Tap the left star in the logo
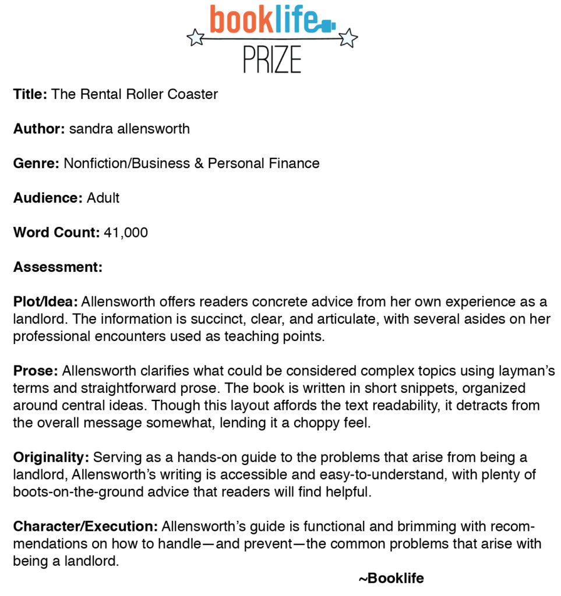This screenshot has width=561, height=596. click(196, 38)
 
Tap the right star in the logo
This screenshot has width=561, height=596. click(348, 38)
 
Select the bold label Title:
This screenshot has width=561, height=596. click(30, 94)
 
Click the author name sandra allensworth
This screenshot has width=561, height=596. click(129, 129)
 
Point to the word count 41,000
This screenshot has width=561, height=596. click(126, 233)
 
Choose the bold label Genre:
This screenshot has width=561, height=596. click(36, 164)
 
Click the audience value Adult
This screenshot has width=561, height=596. click(103, 198)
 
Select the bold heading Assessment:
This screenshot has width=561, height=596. click(58, 267)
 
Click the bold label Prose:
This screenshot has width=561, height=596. click(36, 371)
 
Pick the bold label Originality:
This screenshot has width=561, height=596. click(51, 457)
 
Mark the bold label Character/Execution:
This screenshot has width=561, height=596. click(85, 527)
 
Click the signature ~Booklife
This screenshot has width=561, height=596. click(391, 578)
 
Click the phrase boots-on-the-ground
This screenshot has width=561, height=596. click(71, 492)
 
